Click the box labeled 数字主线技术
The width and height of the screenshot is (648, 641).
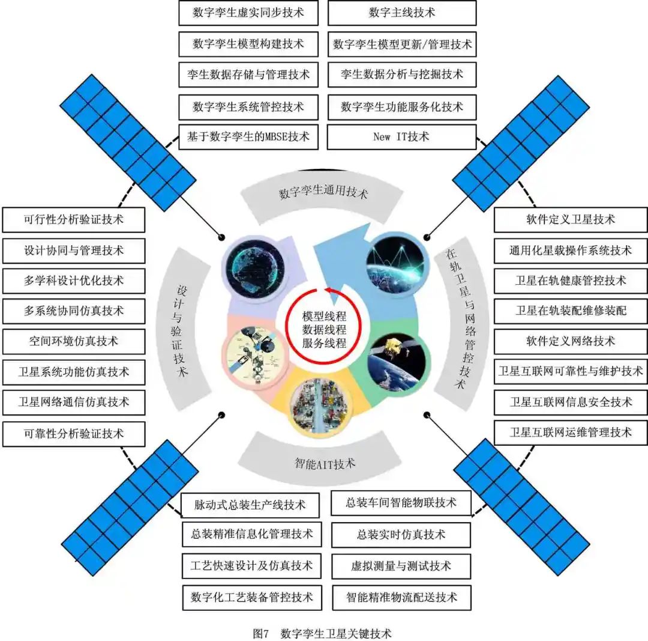[x=401, y=13]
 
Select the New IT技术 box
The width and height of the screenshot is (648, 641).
[x=401, y=137]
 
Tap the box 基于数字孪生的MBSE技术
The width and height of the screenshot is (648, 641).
[x=248, y=137]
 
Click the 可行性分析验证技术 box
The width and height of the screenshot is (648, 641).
[x=74, y=220]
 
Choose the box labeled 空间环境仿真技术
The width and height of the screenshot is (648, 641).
[x=74, y=341]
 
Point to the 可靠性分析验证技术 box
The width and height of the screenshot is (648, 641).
[x=74, y=433]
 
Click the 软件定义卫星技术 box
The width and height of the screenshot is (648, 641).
[x=571, y=220]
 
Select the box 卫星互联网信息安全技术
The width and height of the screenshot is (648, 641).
[x=571, y=402]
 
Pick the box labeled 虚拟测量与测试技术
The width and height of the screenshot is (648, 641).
[x=401, y=566]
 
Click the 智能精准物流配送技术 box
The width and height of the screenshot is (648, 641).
[x=401, y=597]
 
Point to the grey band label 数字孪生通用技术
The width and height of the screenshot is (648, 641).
[x=323, y=193]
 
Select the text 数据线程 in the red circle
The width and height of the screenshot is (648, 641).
[x=324, y=329]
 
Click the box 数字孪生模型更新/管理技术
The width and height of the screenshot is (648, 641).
[x=401, y=44]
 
